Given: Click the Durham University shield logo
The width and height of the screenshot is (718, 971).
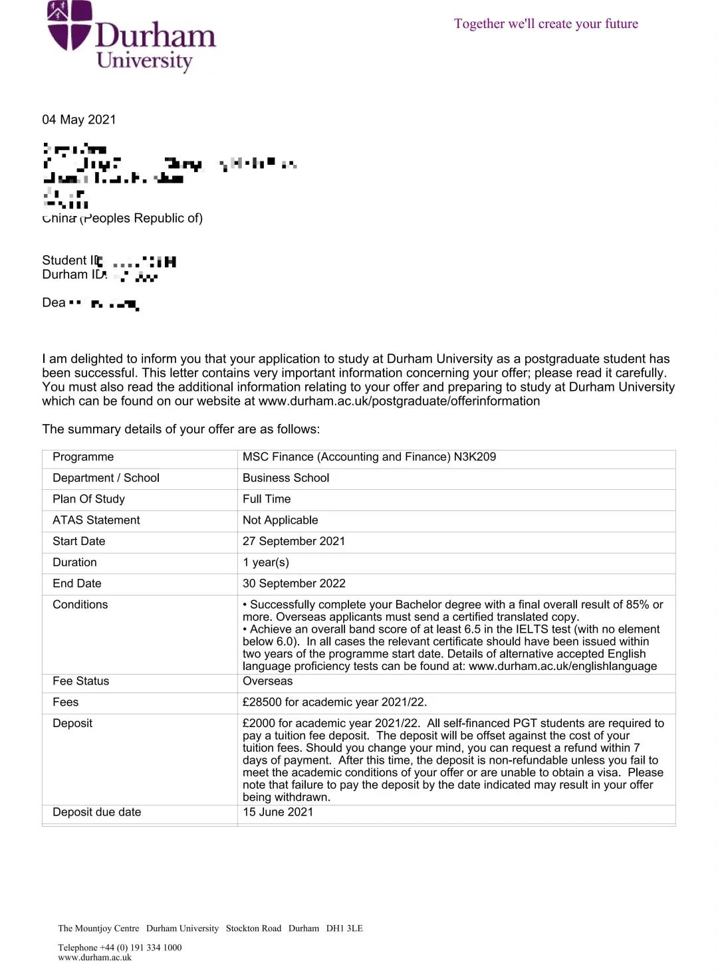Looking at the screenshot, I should click(x=69, y=25).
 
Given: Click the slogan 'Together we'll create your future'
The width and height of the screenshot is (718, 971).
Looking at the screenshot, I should click(x=546, y=24).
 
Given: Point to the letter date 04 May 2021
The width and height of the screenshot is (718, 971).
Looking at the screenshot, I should click(x=79, y=120).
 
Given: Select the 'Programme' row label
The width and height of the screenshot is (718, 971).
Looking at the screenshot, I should click(x=83, y=457).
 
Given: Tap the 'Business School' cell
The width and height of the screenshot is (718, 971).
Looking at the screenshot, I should click(x=286, y=478).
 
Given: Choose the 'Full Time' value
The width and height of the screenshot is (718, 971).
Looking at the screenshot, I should click(x=267, y=499).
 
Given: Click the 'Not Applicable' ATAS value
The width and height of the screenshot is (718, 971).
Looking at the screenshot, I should click(x=280, y=520).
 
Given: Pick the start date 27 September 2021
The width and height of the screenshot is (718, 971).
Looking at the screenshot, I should click(x=294, y=541).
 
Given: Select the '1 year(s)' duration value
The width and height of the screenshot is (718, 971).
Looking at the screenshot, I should click(x=266, y=562).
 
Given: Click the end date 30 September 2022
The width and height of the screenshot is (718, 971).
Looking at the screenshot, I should click(x=294, y=584).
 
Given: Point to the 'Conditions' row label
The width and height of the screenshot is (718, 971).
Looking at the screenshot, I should click(x=80, y=605).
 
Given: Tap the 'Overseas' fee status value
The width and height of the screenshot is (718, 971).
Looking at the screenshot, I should click(x=267, y=681).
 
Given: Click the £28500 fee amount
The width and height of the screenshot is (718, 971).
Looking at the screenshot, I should click(x=262, y=702).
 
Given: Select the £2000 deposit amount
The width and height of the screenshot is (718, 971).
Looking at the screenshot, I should click(x=259, y=723).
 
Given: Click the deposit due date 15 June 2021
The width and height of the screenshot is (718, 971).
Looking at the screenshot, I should click(x=278, y=812).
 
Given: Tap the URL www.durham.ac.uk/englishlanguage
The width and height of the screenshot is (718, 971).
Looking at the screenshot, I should click(x=562, y=666).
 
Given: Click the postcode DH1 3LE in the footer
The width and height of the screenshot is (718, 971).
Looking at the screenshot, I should click(x=344, y=928).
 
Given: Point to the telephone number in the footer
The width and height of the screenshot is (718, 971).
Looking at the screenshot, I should click(x=140, y=948).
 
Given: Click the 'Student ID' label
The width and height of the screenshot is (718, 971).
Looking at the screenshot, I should click(x=69, y=260).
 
